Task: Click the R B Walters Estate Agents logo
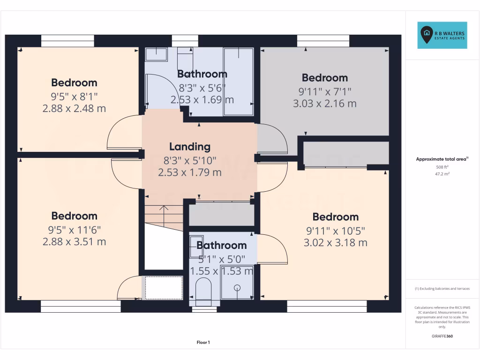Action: click(x=442, y=35)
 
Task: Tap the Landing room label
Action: click(x=189, y=147)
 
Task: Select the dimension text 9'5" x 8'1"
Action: click(x=74, y=96)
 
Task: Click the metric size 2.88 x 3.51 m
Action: click(x=74, y=242)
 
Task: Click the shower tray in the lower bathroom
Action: click(x=237, y=283)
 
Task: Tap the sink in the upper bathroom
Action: click(x=156, y=54)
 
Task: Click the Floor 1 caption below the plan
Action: click(x=203, y=342)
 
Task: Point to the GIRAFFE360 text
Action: click(x=442, y=336)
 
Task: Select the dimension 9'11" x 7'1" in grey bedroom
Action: click(x=324, y=91)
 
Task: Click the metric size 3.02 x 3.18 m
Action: click(x=335, y=243)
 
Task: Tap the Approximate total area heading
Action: click(x=442, y=159)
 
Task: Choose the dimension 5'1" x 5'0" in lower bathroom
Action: click(x=221, y=259)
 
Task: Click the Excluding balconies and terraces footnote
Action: click(x=442, y=289)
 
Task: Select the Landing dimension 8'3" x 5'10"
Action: click(x=189, y=160)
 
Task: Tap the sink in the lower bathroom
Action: click(x=196, y=247)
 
